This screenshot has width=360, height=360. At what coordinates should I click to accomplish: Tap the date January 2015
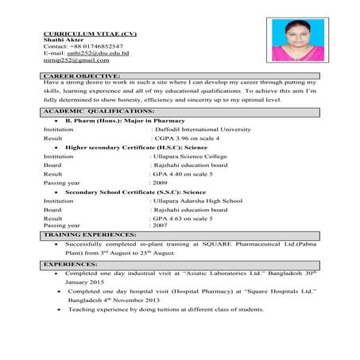pyautogui.click(x=85, y=281)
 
